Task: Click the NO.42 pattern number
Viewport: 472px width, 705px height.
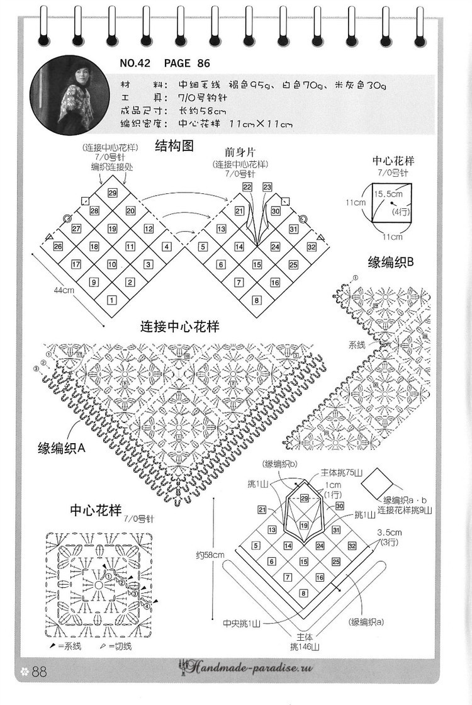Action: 138,63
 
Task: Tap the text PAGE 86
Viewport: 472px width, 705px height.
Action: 187,63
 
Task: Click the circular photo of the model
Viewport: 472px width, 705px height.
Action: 61,95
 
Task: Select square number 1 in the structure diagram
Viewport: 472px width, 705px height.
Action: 112,300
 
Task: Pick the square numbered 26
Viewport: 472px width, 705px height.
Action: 58,247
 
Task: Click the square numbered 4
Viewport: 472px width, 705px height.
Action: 167,247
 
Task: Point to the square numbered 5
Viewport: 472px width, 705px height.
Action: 203,247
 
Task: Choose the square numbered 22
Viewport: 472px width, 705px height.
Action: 247,187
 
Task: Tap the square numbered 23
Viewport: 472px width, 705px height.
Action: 267,187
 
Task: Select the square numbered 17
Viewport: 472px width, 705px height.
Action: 76,264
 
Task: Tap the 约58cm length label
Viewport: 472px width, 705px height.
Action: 210,555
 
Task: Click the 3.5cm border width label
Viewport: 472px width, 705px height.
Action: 390,532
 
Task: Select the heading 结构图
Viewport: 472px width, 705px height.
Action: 174,147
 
